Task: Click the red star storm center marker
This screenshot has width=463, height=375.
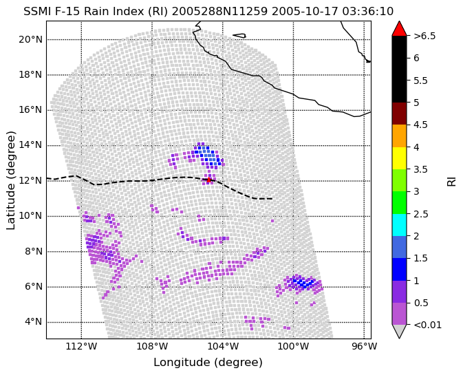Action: click(x=208, y=180)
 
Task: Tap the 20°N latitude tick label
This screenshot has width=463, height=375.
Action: click(x=30, y=39)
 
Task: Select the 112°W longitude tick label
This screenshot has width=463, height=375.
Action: click(x=81, y=346)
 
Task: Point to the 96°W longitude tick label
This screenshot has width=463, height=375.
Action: click(x=365, y=346)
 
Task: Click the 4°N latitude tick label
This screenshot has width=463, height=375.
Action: click(x=33, y=321)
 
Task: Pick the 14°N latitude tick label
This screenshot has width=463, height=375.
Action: click(x=30, y=145)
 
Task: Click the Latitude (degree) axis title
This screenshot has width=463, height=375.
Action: click(x=10, y=180)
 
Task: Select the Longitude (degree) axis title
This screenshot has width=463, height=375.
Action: click(x=208, y=363)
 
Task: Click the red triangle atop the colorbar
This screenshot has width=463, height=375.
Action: click(x=399, y=28)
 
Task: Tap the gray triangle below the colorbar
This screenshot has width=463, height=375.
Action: click(x=399, y=331)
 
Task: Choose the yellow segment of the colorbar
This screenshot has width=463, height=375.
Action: click(x=399, y=158)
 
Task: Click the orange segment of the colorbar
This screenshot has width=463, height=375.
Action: click(x=399, y=136)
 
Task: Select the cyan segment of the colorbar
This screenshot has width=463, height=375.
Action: click(x=399, y=225)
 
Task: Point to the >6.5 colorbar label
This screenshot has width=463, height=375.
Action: click(x=424, y=36)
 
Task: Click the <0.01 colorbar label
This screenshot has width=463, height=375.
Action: click(x=427, y=325)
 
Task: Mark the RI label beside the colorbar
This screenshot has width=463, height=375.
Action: click(x=452, y=180)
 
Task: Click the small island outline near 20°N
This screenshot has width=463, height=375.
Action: click(x=240, y=36)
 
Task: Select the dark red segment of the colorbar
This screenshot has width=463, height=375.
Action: click(x=399, y=114)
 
